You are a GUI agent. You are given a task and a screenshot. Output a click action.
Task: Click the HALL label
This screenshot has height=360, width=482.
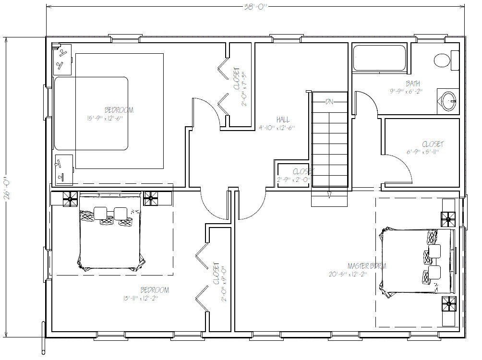point(283,120)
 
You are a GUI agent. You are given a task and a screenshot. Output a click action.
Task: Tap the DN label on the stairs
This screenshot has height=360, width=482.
point(329,101)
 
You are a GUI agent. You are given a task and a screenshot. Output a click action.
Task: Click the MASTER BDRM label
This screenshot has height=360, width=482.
point(367,265)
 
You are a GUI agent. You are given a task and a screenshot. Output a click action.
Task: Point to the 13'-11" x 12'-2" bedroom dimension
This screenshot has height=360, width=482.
point(140,298)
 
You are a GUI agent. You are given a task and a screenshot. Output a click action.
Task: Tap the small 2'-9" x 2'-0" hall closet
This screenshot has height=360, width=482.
point(293,176)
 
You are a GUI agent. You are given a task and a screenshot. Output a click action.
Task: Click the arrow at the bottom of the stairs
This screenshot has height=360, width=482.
point(329,194)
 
